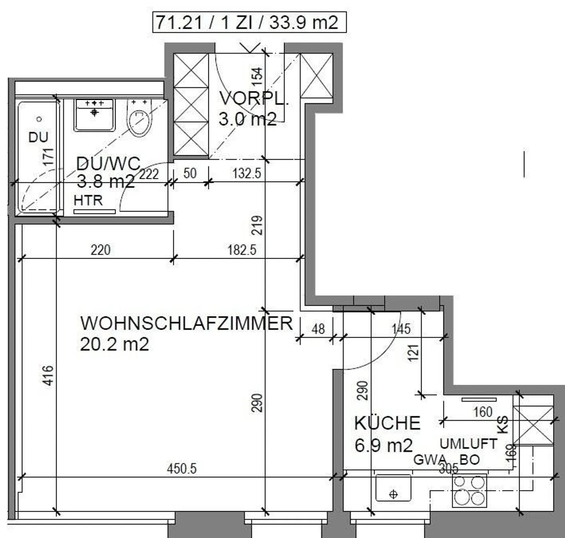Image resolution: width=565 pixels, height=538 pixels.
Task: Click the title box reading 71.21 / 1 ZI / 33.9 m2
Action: [x=249, y=22]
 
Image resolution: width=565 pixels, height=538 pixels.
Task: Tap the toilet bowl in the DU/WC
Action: [x=139, y=122]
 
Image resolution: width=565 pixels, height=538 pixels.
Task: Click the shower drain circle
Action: [x=39, y=119]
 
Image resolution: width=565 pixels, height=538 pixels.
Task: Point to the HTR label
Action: [x=88, y=200]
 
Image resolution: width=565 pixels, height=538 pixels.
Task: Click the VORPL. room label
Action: [x=253, y=98]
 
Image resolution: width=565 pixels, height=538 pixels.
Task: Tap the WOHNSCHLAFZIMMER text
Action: [x=186, y=323]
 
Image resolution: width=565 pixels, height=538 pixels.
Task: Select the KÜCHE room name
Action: [x=387, y=423]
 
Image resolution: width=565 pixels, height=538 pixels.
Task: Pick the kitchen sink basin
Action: [x=393, y=488]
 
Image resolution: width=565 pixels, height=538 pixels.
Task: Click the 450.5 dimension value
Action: [x=182, y=468]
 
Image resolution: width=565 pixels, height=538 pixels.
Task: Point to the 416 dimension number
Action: [x=48, y=375]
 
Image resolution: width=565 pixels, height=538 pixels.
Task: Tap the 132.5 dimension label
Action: [x=246, y=173]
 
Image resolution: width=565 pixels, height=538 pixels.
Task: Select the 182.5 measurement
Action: [x=242, y=250]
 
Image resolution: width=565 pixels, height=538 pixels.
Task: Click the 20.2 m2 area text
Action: [x=115, y=344]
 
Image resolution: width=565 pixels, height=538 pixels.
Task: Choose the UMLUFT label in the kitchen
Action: [x=468, y=444]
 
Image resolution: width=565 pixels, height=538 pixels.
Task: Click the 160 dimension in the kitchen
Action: [x=483, y=412]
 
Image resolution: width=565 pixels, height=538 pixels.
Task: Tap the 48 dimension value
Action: [x=318, y=329]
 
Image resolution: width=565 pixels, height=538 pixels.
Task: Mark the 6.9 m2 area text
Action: [x=384, y=446]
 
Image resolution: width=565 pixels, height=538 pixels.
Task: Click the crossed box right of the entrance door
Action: [x=316, y=76]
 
